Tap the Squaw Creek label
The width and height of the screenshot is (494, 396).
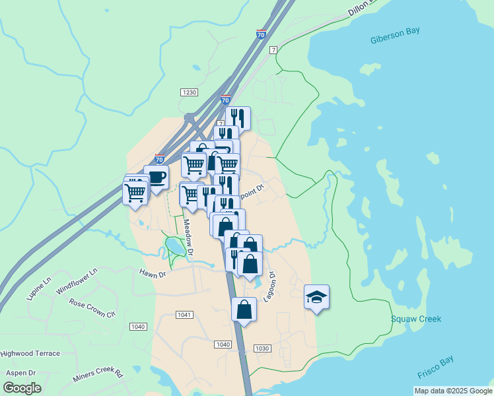coord(415,319)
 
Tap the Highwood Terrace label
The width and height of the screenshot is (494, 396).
coord(30,353)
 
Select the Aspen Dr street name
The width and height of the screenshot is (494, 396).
coord(20,372)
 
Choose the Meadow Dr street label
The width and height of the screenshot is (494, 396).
coord(188,238)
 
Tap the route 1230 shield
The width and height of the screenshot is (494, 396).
coord(189,93)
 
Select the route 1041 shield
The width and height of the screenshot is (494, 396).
coord(184,315)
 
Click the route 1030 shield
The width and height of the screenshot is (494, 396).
coord(262,348)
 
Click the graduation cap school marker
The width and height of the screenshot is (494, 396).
coord(316,297)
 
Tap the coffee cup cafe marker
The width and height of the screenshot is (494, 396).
coord(156,177)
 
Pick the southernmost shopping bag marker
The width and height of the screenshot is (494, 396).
coord(244,309)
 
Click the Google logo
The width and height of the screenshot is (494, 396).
coord(22,388)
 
